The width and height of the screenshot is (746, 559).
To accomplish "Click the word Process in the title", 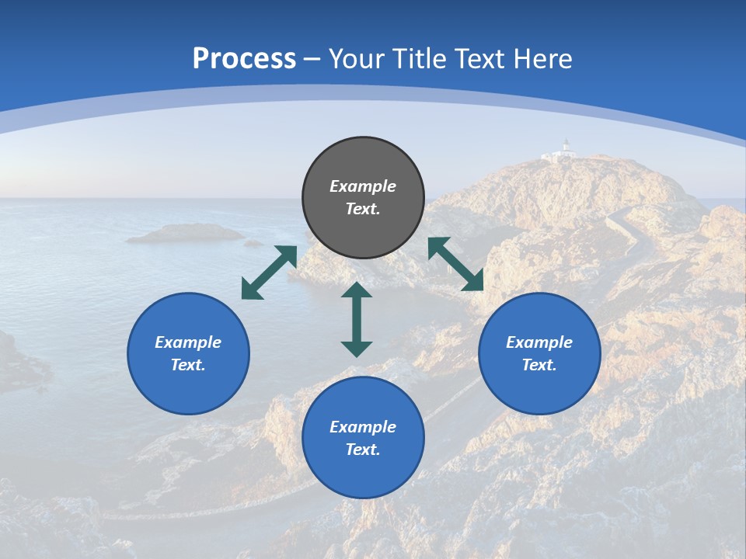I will pos(244,59).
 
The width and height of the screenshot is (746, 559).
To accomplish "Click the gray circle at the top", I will pos(363,198).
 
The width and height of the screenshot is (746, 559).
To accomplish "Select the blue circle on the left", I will pos(188,353).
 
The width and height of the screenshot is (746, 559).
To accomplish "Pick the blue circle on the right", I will pos(539,353).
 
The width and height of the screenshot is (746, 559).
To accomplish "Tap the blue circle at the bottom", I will pos(363,438).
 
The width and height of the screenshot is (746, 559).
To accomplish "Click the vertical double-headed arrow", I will pos(357,319).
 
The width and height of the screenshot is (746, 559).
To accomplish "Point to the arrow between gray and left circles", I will pos(269,272).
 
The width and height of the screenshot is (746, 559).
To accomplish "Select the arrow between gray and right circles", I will pos(455,264).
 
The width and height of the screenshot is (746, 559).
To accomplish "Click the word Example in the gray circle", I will pos(363,186).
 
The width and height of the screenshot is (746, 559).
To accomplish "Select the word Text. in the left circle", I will pos(188,365).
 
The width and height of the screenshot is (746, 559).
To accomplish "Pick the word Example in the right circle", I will pos(539,342).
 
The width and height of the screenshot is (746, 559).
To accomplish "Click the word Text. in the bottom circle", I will pos(363,450).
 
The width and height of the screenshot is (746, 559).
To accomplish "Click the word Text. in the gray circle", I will pos(363,209).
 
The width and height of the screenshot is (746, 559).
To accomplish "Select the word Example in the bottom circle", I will pos(363,427).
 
